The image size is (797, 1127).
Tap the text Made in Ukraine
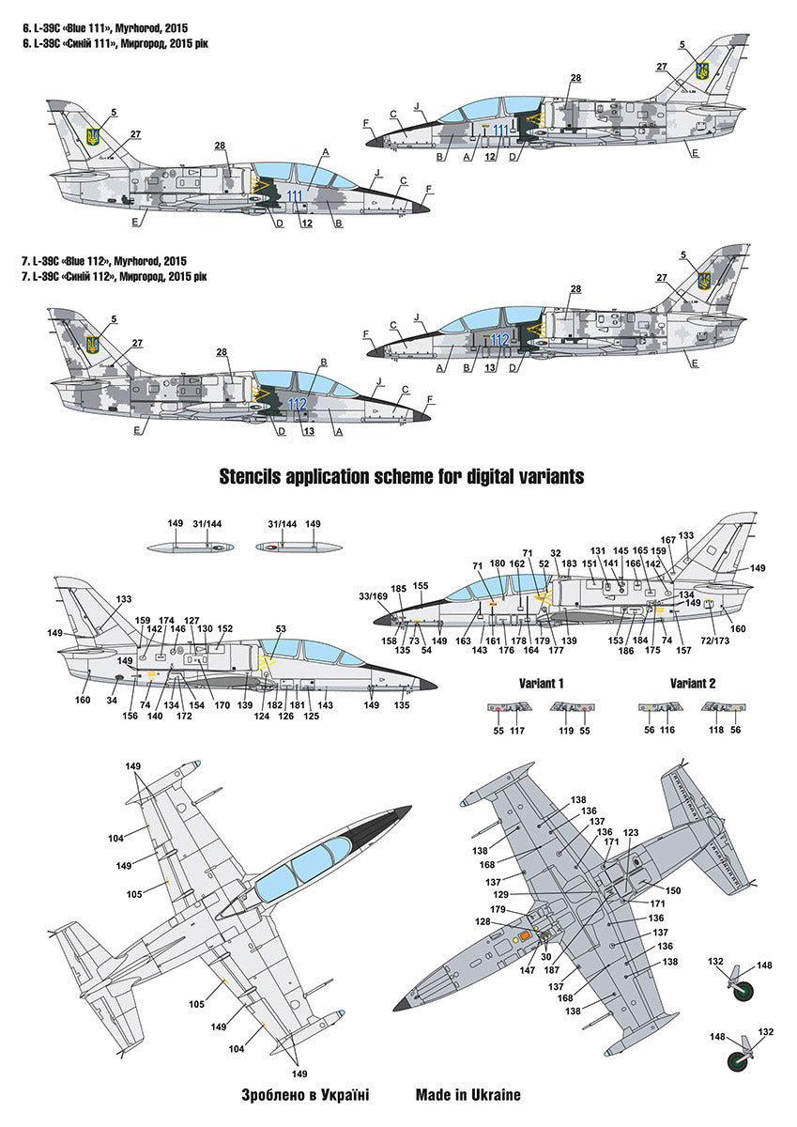pyautogui.click(x=467, y=1094)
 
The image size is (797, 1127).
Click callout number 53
pyautogui.click(x=281, y=629)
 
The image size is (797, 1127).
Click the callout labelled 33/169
pyautogui.click(x=373, y=595)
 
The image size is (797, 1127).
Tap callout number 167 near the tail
pyautogui.click(x=667, y=540)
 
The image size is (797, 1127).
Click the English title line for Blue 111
pyautogui.click(x=106, y=12)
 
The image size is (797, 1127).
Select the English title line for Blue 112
pyautogui.click(x=106, y=260)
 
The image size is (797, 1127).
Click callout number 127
pyautogui.click(x=192, y=621)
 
